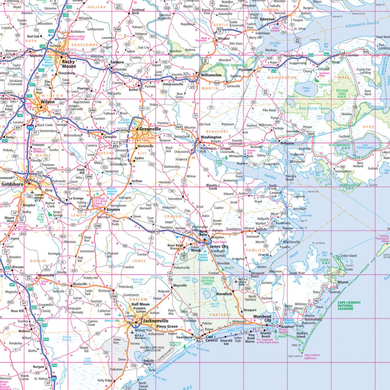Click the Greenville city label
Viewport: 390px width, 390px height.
151,129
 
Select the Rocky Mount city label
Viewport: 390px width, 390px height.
69,64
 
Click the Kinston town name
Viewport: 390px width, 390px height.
113,209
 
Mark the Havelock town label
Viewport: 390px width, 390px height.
224,294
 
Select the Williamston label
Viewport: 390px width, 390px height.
211,75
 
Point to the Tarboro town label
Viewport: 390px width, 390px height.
117,62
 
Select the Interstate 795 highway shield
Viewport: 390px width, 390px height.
30,127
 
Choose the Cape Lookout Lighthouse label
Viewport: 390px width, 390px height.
312,356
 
